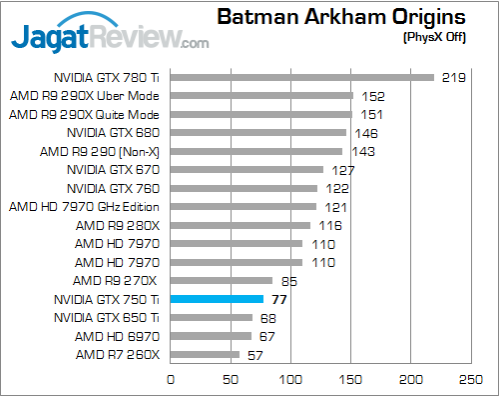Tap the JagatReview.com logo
pos(109,40)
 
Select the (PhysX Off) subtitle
pos(433,37)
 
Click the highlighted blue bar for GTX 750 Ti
pos(217,299)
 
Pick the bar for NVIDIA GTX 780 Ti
pos(302,77)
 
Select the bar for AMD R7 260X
pos(206,354)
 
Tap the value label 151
pos(371,115)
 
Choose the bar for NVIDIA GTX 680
pos(258,132)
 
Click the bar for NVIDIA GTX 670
pos(248,169)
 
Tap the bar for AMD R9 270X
pos(222,280)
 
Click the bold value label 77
pos(278,299)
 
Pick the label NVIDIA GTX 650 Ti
pos(107,317)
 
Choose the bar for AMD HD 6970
pos(212,336)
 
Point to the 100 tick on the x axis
pos(291,379)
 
